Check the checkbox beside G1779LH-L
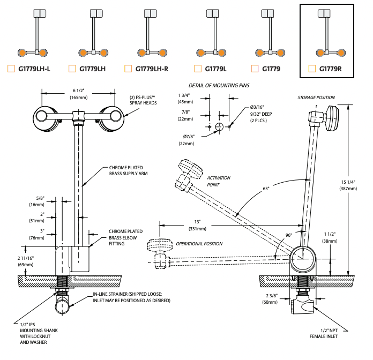pyautogui.click(x=10, y=69)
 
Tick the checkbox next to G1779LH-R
pyautogui.click(x=128, y=69)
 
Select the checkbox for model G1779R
pyautogui.click(x=312, y=69)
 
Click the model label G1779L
pyautogui.click(x=215, y=69)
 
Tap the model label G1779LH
pyautogui.click(x=92, y=69)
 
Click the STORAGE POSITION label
pyautogui.click(x=316, y=97)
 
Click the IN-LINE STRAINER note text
pyautogui.click(x=131, y=297)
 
